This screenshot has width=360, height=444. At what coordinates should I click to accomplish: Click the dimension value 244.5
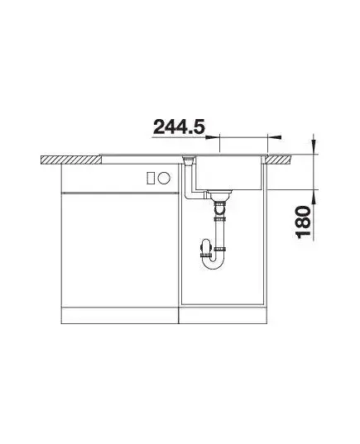pos(179,127)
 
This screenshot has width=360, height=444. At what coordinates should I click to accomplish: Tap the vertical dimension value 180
pos(303,222)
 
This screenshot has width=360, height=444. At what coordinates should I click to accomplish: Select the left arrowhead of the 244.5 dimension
pos(213,137)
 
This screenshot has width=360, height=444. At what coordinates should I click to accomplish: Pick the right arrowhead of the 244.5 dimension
pos(275,137)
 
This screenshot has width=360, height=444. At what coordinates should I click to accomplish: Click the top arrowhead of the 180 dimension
pos(314,147)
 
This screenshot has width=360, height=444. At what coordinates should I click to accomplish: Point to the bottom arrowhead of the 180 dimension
pos(314,196)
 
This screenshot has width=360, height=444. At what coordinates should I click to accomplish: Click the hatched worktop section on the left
pos(71,160)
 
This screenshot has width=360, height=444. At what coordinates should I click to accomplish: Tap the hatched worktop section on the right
pos(278,160)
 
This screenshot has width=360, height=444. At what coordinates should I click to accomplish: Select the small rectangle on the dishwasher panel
pos(151,178)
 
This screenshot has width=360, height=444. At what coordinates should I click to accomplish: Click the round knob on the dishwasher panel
pos(165,178)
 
